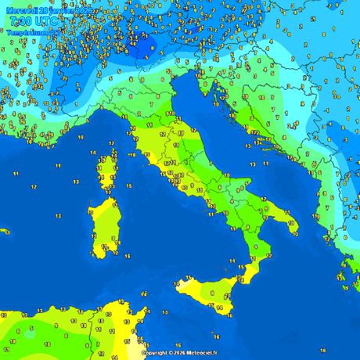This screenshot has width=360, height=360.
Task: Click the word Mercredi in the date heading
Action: click(22, 9)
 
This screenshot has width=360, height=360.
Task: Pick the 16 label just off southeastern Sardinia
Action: click(128, 254)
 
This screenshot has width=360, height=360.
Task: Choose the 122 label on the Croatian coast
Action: click(255, 132)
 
